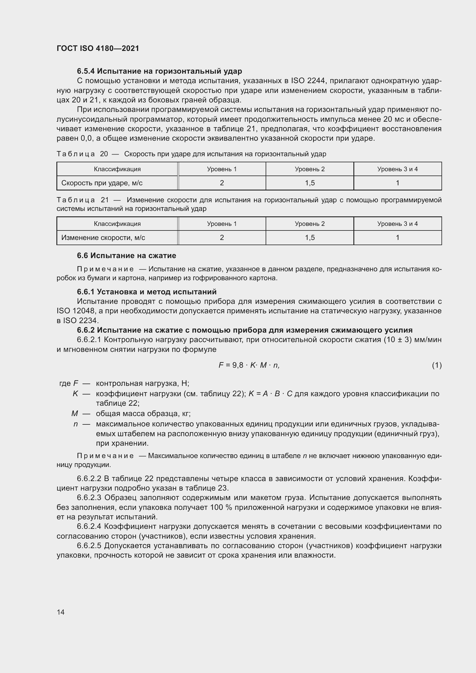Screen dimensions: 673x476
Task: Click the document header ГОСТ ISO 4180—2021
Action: pyautogui.click(x=98, y=48)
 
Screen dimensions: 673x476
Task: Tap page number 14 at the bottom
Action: pyautogui.click(x=61, y=612)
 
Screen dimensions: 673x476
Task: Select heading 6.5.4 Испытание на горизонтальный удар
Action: pyautogui.click(x=159, y=71)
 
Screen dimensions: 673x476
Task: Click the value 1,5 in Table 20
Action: pyautogui.click(x=310, y=183)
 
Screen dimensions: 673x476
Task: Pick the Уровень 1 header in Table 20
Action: pyautogui.click(x=222, y=169)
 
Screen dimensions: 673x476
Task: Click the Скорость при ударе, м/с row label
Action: pyautogui.click(x=102, y=183)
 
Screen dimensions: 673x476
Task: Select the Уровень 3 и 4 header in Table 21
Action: pyautogui.click(x=397, y=224)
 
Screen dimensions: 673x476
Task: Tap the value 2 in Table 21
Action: pyautogui.click(x=222, y=237)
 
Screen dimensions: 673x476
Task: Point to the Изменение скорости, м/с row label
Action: pyautogui.click(x=103, y=237)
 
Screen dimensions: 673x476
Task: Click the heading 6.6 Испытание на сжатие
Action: pyautogui.click(x=126, y=256)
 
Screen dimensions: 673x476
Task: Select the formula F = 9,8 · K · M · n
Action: pyautogui.click(x=249, y=365)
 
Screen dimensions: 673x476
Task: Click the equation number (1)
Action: pyautogui.click(x=437, y=365)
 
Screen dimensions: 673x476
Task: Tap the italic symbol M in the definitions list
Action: pyautogui.click(x=75, y=413)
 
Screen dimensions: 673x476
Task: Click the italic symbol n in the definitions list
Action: pyautogui.click(x=76, y=424)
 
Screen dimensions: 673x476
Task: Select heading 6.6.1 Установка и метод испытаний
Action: pyautogui.click(x=146, y=292)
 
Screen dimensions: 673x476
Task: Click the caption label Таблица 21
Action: pyautogui.click(x=82, y=200)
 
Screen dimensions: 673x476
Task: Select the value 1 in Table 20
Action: pyautogui.click(x=397, y=183)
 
